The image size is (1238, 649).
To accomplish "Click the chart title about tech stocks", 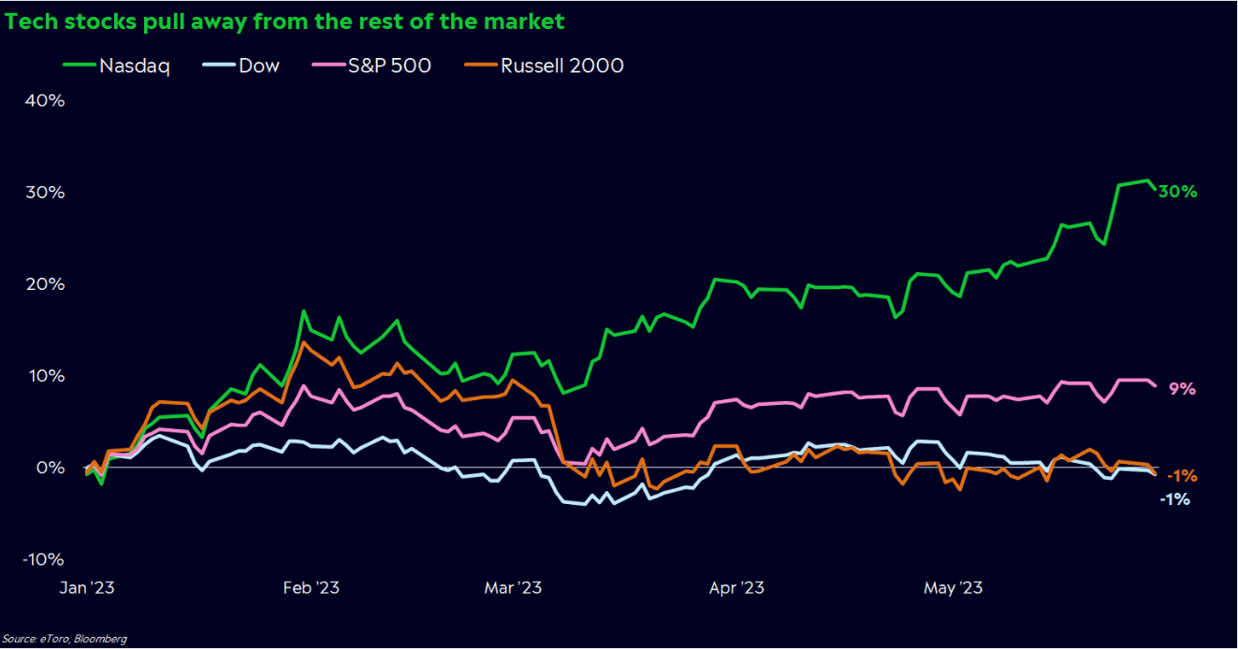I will point(284,19).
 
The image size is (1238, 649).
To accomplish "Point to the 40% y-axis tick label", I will point(43,101).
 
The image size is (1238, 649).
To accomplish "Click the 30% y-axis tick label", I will point(43,193).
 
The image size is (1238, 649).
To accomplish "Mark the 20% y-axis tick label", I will point(43,284).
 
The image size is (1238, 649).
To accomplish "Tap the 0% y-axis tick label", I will point(48,468).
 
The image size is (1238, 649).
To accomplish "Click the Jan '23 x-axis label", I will point(87,588).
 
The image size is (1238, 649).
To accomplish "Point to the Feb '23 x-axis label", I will point(311,588).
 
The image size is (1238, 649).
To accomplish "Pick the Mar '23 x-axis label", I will point(513,588).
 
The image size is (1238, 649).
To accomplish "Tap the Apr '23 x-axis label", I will point(737,588).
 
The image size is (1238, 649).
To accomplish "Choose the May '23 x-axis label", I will point(954,588).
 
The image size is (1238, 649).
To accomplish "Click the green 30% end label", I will point(1178,192).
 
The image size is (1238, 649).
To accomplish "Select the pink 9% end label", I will point(1183,389).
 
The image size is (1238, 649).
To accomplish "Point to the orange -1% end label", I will point(1182,476).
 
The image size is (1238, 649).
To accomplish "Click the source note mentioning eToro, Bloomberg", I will point(64,639).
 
